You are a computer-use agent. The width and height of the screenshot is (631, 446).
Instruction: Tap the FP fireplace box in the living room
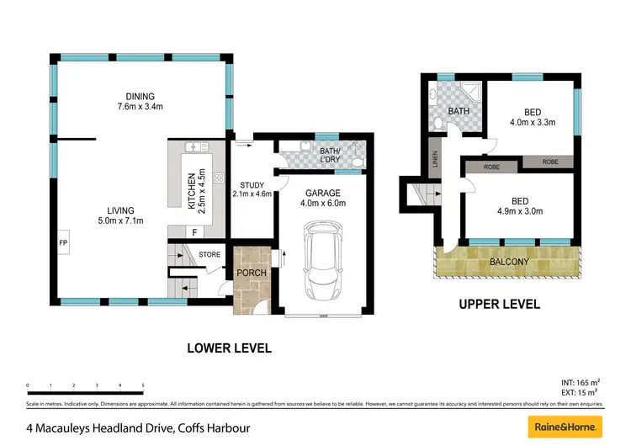tap(63, 242)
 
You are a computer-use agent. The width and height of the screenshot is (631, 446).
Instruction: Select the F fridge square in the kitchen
tap(195, 231)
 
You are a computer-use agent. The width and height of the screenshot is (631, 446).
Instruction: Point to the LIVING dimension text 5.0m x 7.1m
tap(119, 221)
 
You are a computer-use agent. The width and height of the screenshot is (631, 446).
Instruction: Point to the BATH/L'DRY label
tap(331, 156)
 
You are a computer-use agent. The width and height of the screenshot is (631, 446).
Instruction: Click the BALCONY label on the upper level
tap(509, 262)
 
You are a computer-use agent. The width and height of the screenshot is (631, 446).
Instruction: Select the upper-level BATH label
tap(459, 111)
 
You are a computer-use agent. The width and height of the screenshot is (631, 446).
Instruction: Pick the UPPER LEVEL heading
tap(500, 305)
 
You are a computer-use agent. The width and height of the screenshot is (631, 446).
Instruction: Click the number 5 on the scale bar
tap(143, 385)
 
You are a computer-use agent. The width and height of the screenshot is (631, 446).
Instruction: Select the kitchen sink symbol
tap(198, 148)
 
